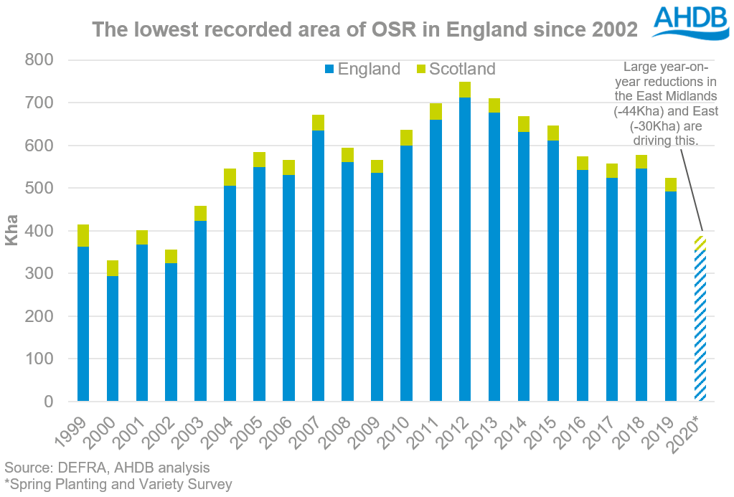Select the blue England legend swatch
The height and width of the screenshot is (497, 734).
[x=329, y=69]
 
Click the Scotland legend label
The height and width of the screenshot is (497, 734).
[x=462, y=69]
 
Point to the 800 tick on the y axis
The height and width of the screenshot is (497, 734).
[x=39, y=60]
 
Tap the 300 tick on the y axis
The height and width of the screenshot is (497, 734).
[x=39, y=273]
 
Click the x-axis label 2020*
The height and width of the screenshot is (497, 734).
[x=693, y=432]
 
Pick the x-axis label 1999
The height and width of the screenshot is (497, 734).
[x=79, y=431]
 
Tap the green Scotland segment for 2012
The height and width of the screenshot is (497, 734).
[x=465, y=90]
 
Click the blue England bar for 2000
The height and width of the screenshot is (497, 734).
[x=113, y=338]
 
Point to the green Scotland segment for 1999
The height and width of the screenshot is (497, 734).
[x=83, y=235]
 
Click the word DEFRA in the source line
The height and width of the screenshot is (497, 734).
[x=80, y=468]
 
